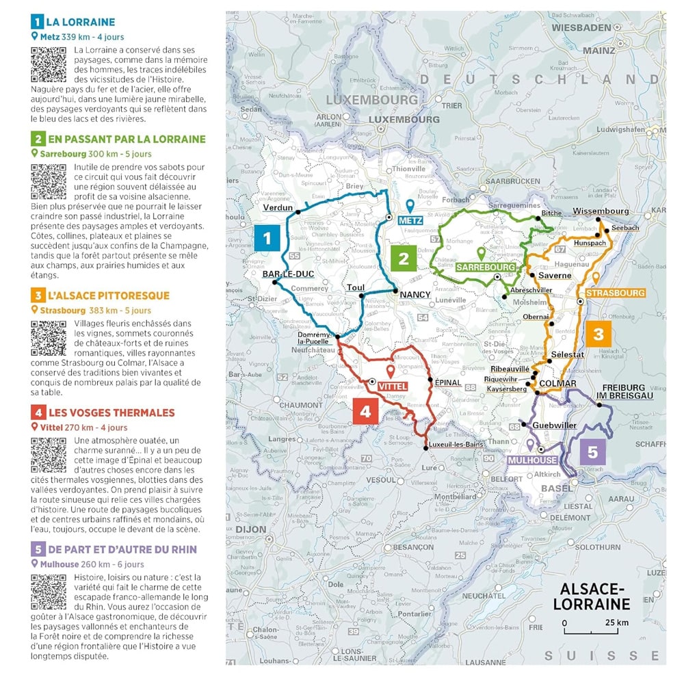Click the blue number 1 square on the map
tap(267, 237)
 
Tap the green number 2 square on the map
tap(404, 259)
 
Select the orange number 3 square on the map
tap(598, 334)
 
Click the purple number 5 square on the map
tap(592, 452)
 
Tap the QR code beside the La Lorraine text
tap(49, 64)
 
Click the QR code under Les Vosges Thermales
tap(49, 455)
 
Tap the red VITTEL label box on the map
tap(393, 386)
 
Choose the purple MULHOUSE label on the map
tap(532, 460)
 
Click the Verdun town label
tap(278, 207)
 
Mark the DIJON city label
tap(251, 529)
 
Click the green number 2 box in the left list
tap(38, 140)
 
